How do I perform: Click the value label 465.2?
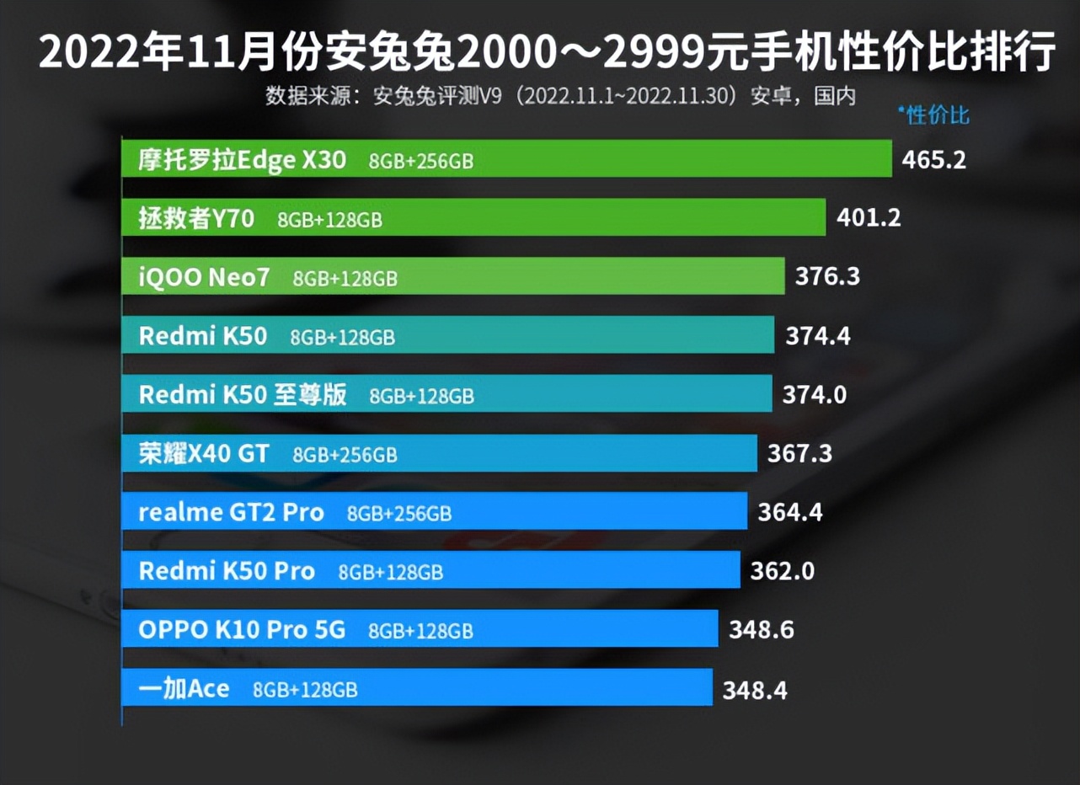933,159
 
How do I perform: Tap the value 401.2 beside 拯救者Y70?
869,218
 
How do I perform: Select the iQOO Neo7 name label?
204,277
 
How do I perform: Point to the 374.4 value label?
818,336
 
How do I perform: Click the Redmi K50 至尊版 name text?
243,394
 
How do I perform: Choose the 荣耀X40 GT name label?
204,454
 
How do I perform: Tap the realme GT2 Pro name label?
231,513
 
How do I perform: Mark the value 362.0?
783,571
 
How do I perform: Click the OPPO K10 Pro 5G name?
242,630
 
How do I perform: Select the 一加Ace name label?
184,689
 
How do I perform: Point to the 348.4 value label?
755,691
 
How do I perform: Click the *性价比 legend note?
933,115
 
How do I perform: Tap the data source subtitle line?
560,95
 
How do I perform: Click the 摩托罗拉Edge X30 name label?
242,160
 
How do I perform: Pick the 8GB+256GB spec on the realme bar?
398,514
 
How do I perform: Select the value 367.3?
799,454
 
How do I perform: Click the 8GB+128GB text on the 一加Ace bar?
305,691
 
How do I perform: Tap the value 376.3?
827,276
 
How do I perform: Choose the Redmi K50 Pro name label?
227,571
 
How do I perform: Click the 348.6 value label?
761,630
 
